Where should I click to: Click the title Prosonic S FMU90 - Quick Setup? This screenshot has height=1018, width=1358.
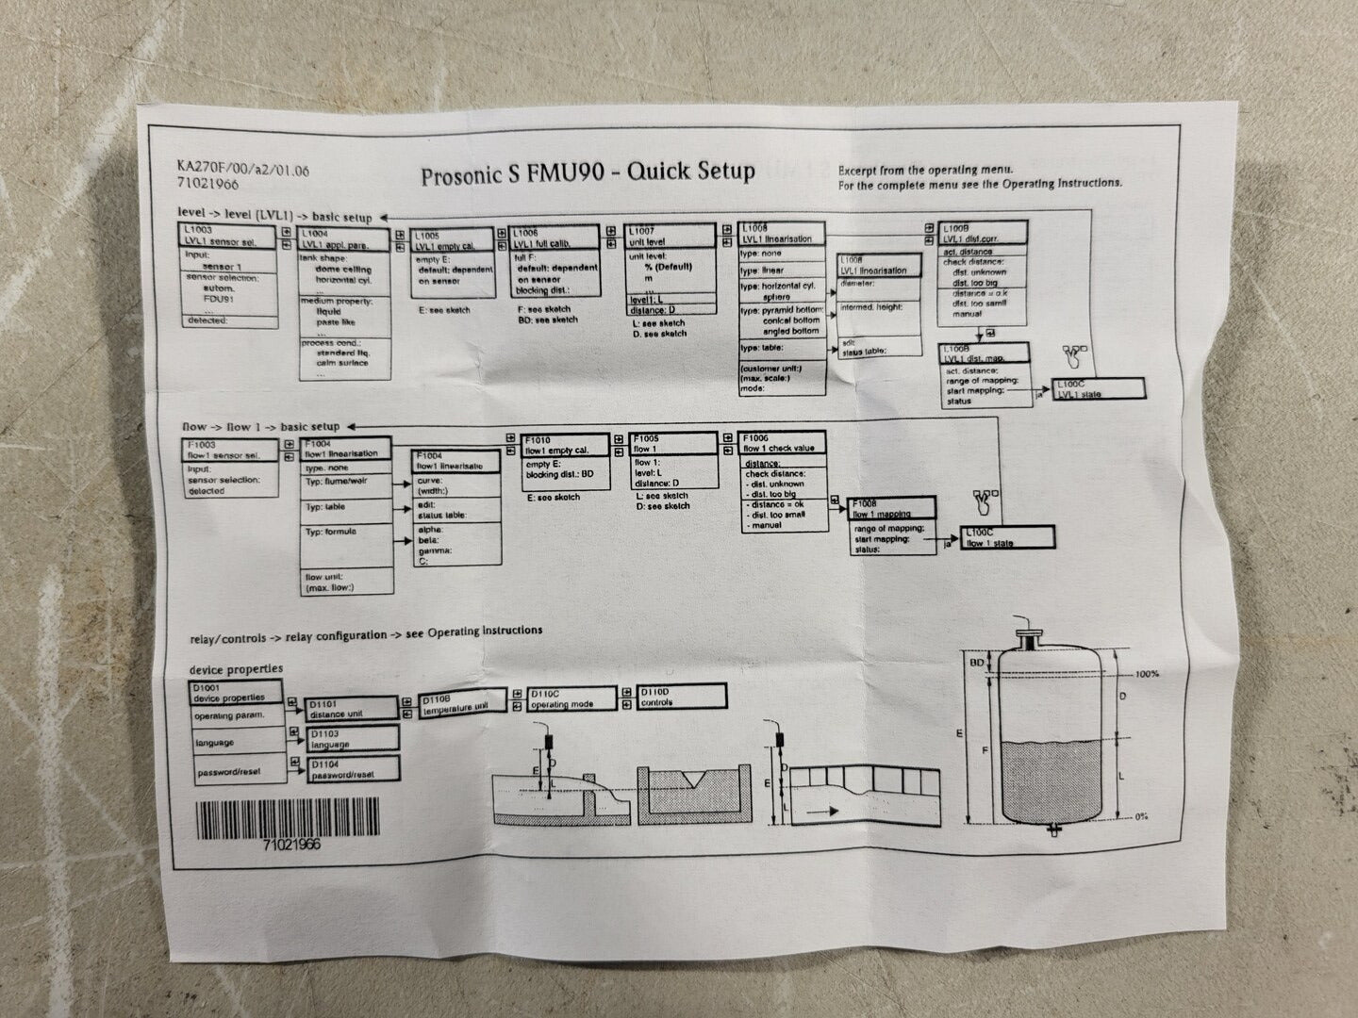(588, 173)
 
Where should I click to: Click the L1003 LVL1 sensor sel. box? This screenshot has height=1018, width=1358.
(229, 237)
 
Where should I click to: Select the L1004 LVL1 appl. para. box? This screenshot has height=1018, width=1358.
(344, 239)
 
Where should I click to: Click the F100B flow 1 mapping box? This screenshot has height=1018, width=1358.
(892, 509)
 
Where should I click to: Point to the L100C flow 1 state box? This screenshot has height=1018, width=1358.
(1007, 537)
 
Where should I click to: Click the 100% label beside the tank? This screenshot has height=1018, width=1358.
(1147, 674)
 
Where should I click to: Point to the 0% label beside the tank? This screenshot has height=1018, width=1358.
(1141, 816)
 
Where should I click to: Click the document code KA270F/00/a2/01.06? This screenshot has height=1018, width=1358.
(242, 170)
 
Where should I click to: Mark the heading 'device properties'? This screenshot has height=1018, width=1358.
(236, 668)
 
